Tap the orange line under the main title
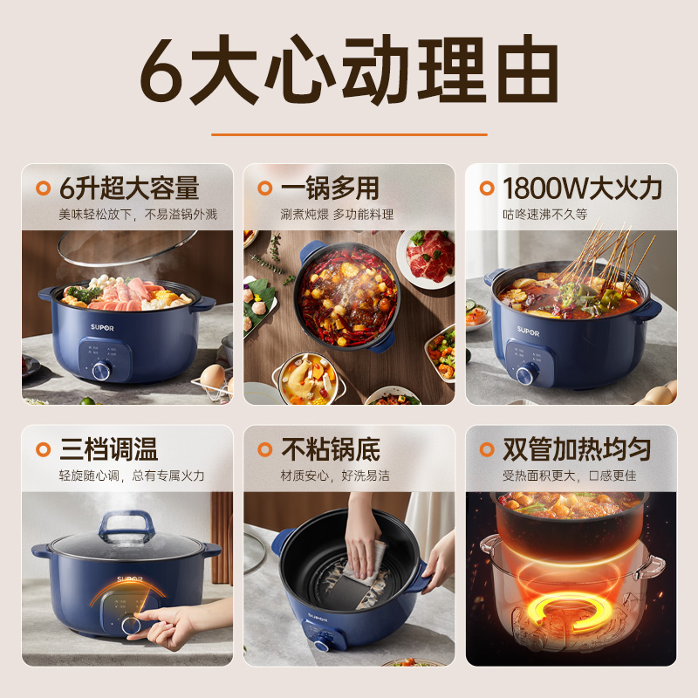[x=349, y=134]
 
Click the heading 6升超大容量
[x=128, y=188]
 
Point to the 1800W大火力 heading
[x=582, y=188]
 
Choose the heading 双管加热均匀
[x=577, y=449]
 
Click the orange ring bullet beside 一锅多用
[x=263, y=188]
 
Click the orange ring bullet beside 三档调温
[x=42, y=449]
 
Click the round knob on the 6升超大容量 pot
[x=100, y=370]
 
